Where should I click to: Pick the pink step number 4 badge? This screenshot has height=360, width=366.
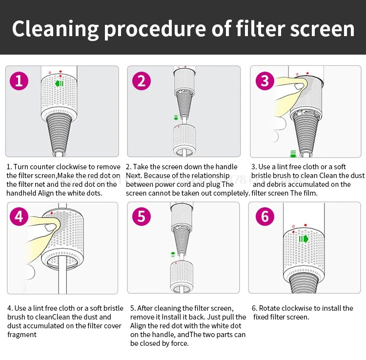pos(19,216)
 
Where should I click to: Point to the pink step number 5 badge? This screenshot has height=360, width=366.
pos(141,216)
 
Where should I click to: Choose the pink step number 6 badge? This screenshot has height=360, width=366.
pos(265,216)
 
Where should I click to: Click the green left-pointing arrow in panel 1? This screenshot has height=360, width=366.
pos(60,84)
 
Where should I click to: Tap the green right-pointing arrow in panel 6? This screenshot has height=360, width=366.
pos(304,239)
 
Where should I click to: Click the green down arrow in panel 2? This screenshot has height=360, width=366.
pos(176,118)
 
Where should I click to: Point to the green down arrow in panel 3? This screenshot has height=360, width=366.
pos(293,154)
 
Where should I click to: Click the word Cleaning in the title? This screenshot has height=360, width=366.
pos(55,29)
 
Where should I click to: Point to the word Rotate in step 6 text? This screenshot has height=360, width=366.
pos(270,308)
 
